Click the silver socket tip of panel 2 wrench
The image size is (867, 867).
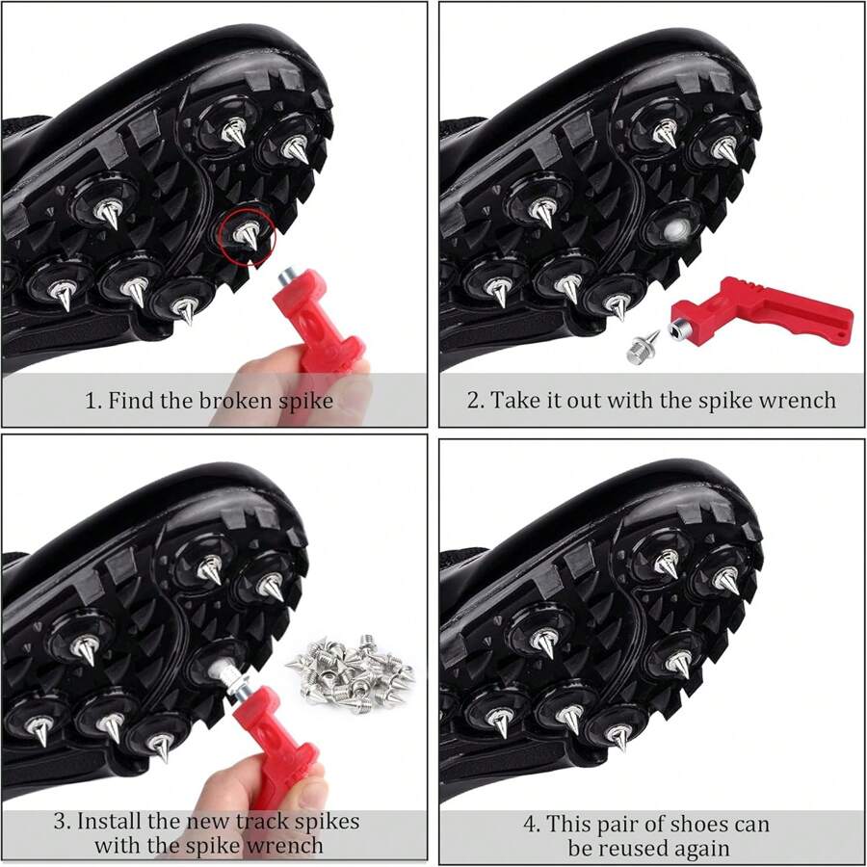point(680,331)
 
